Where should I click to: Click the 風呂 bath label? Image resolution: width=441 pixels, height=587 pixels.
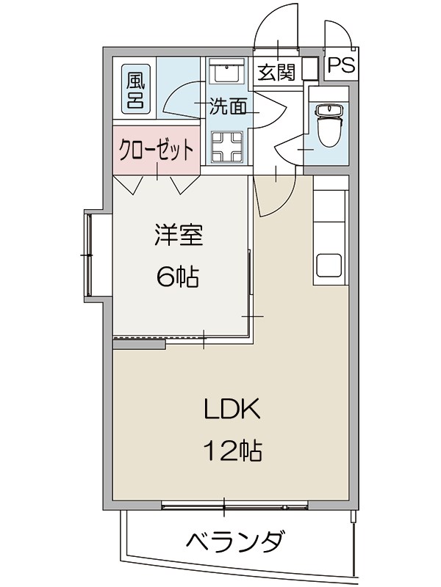coord(135,90)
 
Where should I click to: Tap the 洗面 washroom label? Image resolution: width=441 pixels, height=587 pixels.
coord(228,107)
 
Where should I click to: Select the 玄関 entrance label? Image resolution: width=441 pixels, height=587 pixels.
coord(276,72)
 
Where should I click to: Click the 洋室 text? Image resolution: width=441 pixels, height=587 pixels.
coord(178,237)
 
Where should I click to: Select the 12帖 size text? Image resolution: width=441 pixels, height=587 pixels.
coord(232,450)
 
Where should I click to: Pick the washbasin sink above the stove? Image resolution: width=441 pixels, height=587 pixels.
coord(226,74)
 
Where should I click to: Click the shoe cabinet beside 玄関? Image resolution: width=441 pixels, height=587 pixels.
coord(309,68)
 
